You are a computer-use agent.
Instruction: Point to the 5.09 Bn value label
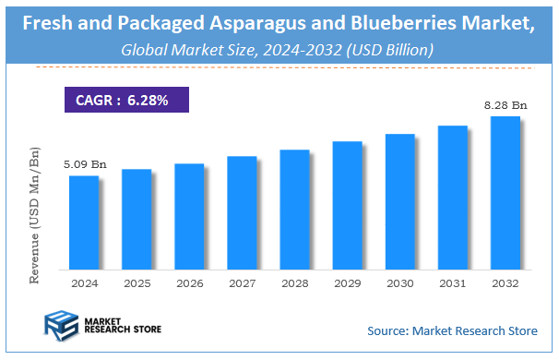tap(85, 164)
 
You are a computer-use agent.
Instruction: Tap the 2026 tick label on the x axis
tap(189, 283)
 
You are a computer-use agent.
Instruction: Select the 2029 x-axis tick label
tap(347, 283)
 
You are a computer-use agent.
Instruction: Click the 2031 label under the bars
tap(452, 283)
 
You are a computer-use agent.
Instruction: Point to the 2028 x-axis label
tap(294, 283)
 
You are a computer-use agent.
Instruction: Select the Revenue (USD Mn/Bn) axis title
tap(35, 214)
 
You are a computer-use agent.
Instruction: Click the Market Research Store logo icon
tap(61, 327)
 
